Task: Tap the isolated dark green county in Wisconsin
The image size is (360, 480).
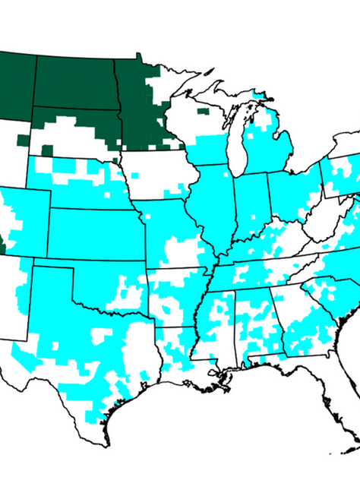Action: click(201, 111)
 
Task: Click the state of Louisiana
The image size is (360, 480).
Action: click(178, 357)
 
